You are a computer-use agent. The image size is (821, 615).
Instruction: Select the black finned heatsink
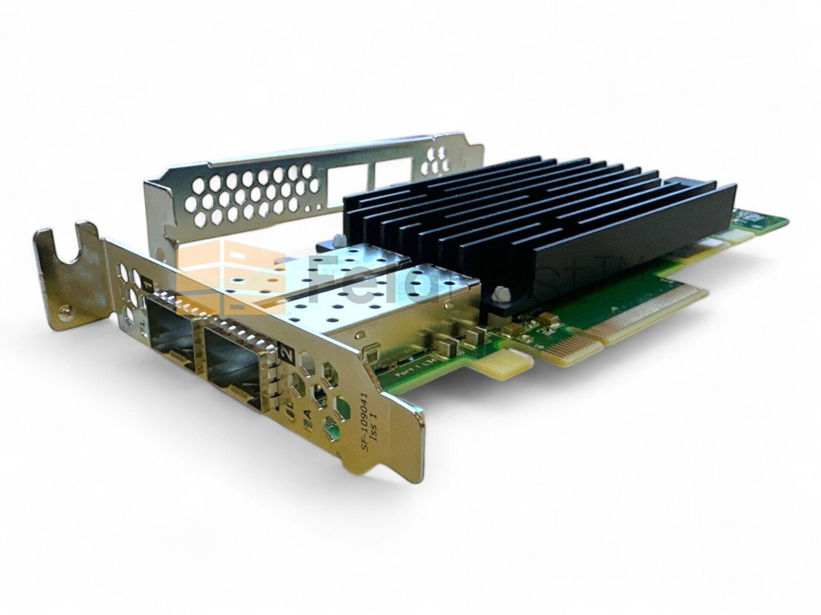(545, 216)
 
